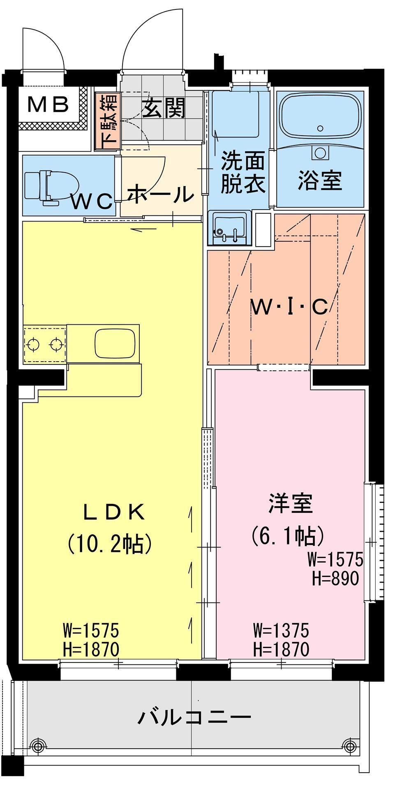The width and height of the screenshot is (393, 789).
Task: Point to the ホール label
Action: (x=161, y=194)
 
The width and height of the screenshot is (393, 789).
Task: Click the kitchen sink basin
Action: (x=116, y=344)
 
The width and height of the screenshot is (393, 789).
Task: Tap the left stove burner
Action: (x=32, y=344)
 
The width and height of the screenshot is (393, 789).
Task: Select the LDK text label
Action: (x=114, y=512)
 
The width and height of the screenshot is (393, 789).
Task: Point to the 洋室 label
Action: (x=291, y=504)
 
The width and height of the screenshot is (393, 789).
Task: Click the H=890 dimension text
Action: (x=335, y=579)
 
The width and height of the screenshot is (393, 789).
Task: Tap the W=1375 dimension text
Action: (x=281, y=630)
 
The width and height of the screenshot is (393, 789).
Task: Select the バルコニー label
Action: (x=194, y=717)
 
